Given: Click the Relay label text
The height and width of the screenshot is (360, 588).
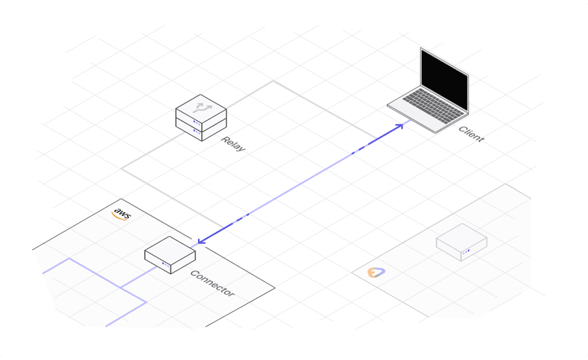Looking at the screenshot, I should (x=233, y=144).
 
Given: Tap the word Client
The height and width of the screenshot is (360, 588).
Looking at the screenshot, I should (x=471, y=134).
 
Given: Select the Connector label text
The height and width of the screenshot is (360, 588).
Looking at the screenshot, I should (x=212, y=284).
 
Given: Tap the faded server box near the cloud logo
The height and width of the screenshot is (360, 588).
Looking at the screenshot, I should (x=461, y=241).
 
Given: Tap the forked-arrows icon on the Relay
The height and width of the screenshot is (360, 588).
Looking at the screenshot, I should (x=201, y=106).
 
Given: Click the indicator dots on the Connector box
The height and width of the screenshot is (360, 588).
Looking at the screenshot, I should (x=166, y=264).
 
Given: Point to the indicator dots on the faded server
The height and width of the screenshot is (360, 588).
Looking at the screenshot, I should (x=465, y=252).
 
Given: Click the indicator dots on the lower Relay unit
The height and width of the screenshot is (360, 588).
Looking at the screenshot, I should (x=196, y=131).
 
